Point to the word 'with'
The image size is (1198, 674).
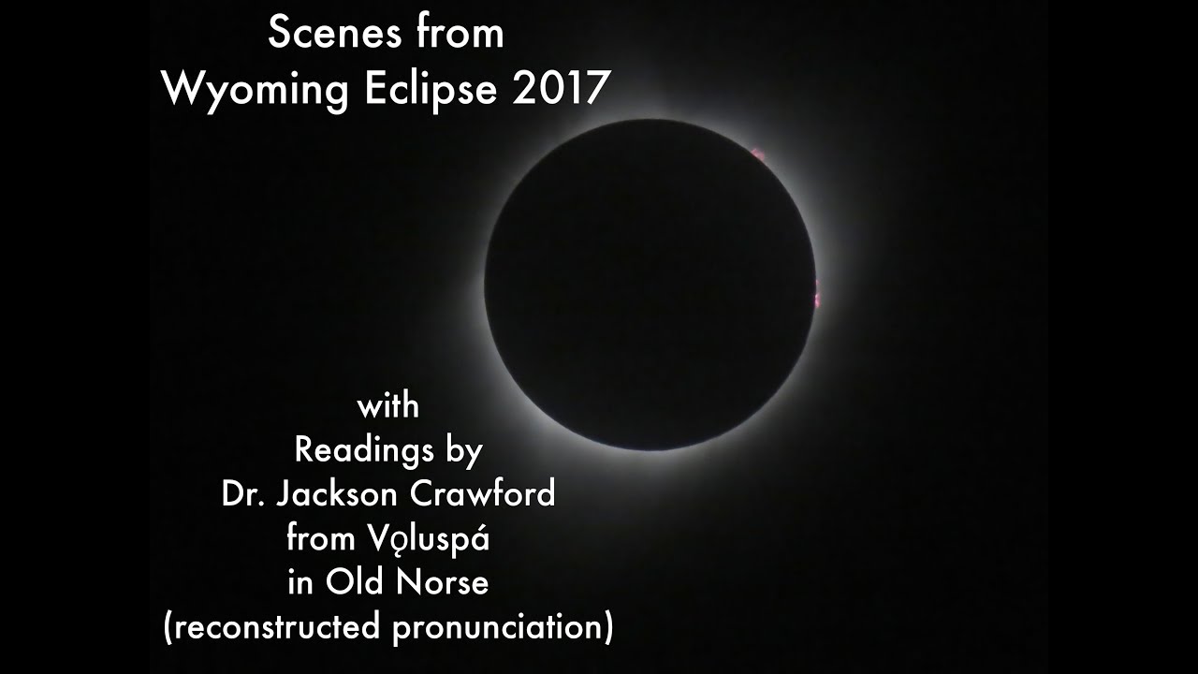pyautogui.click(x=387, y=408)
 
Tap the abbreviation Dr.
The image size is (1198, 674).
pyautogui.click(x=242, y=494)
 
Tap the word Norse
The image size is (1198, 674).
pyautogui.click(x=442, y=583)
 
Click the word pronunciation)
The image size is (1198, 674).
pyautogui.click(x=504, y=627)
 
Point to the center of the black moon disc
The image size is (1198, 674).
pyautogui.click(x=650, y=285)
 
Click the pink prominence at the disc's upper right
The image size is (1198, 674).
pyautogui.click(x=759, y=153)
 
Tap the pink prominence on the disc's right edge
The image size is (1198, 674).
pyautogui.click(x=816, y=293)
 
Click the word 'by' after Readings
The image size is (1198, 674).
pyautogui.click(x=464, y=452)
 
